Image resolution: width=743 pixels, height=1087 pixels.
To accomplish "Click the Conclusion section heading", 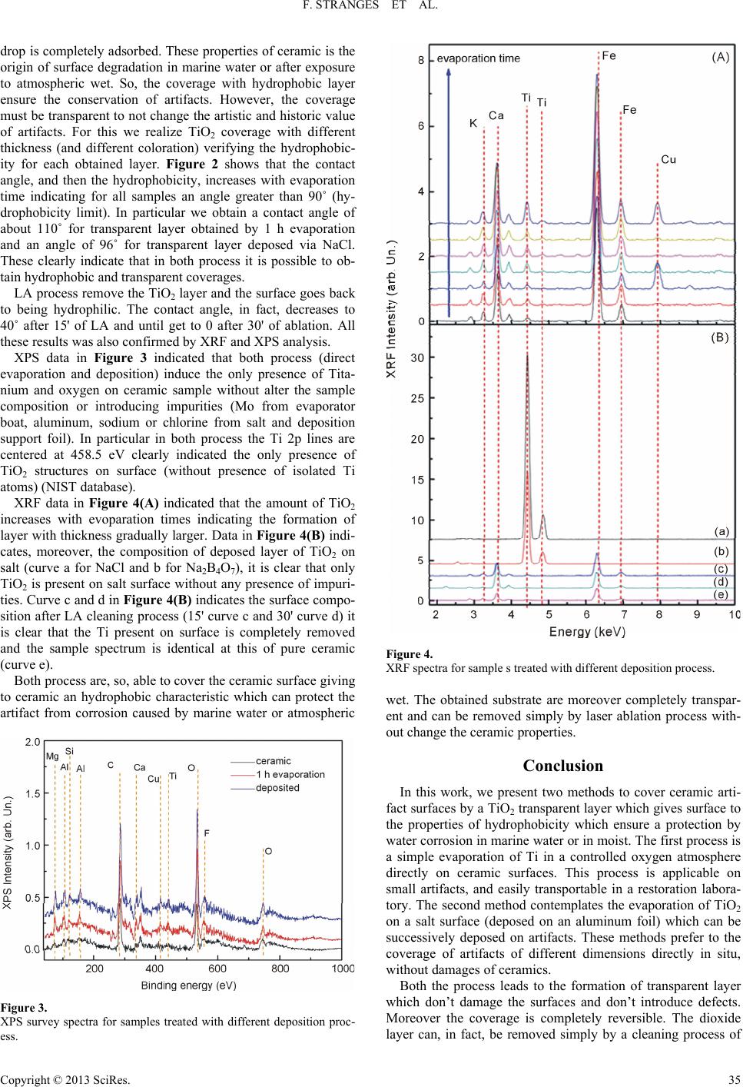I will click(562, 766).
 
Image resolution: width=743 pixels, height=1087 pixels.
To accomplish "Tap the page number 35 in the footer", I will click(733, 1076).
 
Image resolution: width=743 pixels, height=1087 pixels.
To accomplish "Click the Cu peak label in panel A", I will click(668, 159).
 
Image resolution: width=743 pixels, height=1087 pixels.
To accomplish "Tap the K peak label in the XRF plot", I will click(473, 122).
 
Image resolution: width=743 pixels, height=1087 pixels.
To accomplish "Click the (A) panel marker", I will click(720, 55).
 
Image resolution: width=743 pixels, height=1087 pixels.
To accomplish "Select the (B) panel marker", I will click(720, 337).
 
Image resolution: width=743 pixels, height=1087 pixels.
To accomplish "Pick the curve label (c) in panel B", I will click(721, 568).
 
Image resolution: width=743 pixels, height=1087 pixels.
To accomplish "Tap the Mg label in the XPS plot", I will click(52, 756).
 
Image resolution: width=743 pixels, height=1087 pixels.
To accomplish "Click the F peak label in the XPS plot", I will click(206, 832).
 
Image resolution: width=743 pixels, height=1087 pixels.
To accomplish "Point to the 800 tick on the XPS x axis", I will click(280, 969).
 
